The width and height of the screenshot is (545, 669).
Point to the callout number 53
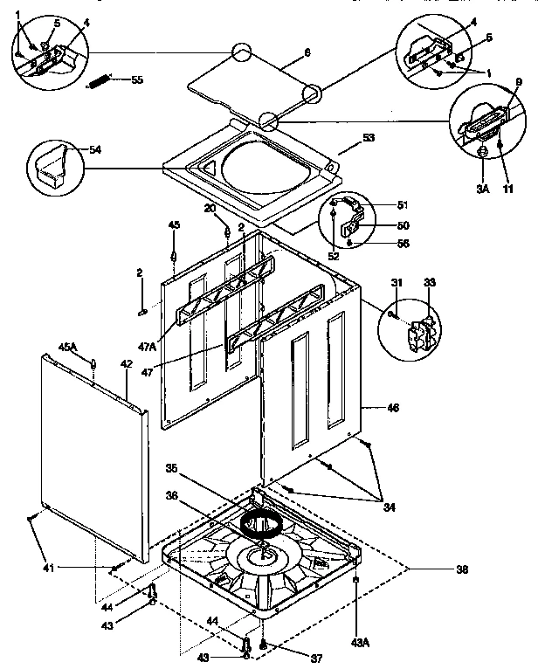(x=369, y=138)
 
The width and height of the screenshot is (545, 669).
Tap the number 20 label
(x=210, y=208)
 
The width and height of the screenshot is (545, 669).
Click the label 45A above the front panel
(x=68, y=348)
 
